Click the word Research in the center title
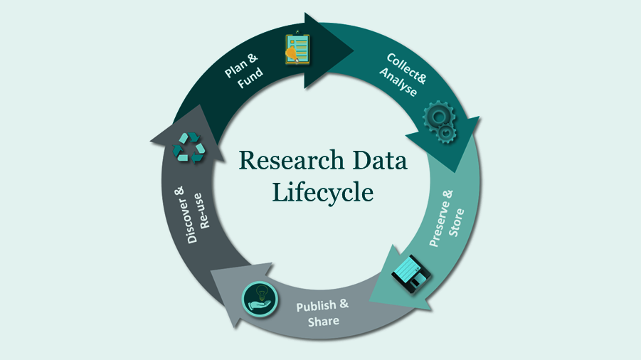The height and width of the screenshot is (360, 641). click(292, 160)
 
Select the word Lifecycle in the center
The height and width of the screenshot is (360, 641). click(323, 193)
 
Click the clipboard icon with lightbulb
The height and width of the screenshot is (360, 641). click(297, 48)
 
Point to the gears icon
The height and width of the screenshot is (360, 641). click(440, 122)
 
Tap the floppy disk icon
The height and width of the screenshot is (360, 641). click(410, 274)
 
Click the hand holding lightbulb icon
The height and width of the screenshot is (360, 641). click(260, 299)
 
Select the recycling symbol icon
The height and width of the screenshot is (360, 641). click(189, 147)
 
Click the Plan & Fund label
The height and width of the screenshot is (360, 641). click(243, 70)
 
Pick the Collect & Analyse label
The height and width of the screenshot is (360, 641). click(403, 75)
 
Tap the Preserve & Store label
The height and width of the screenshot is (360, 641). click(446, 218)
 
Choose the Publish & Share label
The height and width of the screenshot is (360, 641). click(322, 313)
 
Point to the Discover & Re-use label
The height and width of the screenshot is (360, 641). click(193, 215)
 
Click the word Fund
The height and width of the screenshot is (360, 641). click(250, 78)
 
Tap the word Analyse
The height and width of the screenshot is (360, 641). click(398, 83)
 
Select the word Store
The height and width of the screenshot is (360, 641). click(457, 222)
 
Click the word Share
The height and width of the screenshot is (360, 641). click(324, 322)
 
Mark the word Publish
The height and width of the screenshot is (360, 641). click(316, 306)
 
